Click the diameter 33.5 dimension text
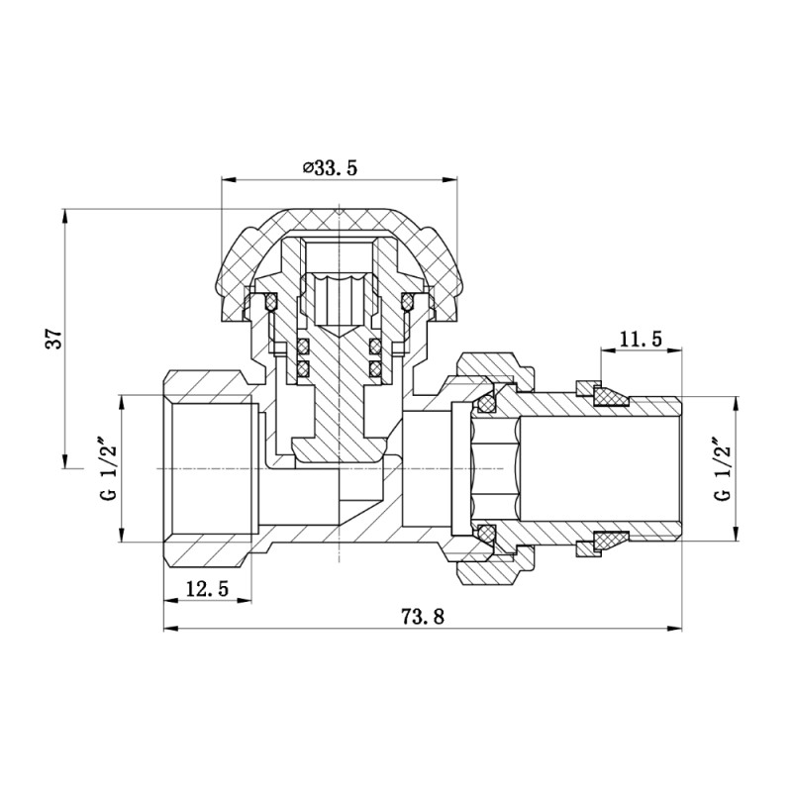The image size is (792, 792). tap(330, 168)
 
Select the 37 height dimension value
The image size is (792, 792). tap(58, 337)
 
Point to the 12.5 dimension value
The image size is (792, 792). tap(207, 588)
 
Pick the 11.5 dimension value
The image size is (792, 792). tap(641, 340)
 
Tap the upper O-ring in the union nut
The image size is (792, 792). tap(485, 403)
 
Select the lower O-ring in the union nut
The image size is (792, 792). tap(485, 534)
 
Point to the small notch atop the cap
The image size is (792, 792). tap(340, 210)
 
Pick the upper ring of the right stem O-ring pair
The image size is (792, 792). tap(376, 346)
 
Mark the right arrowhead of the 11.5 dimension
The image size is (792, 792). tap(677, 351)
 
